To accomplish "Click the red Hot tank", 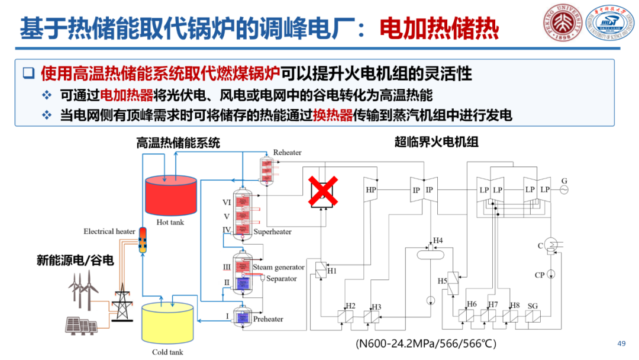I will tap(170, 195).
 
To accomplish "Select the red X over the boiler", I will tap(322, 191).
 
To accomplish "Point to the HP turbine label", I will tap(371, 190).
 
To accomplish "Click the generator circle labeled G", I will tap(564, 189).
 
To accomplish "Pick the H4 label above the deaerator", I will tap(438, 240).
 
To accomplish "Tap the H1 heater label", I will tap(332, 271).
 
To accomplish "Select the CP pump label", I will tap(539, 275).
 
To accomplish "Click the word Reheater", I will tap(287, 153).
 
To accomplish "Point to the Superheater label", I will tap(272, 232).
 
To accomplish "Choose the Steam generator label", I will tap(278, 267).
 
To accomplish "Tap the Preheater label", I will tap(268, 319).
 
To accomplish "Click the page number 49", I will tap(621, 344).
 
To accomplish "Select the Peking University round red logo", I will tap(559, 22).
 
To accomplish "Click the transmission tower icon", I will tap(122, 303).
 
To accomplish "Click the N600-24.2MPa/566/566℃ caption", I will tap(425, 343).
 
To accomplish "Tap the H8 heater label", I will tap(514, 304).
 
